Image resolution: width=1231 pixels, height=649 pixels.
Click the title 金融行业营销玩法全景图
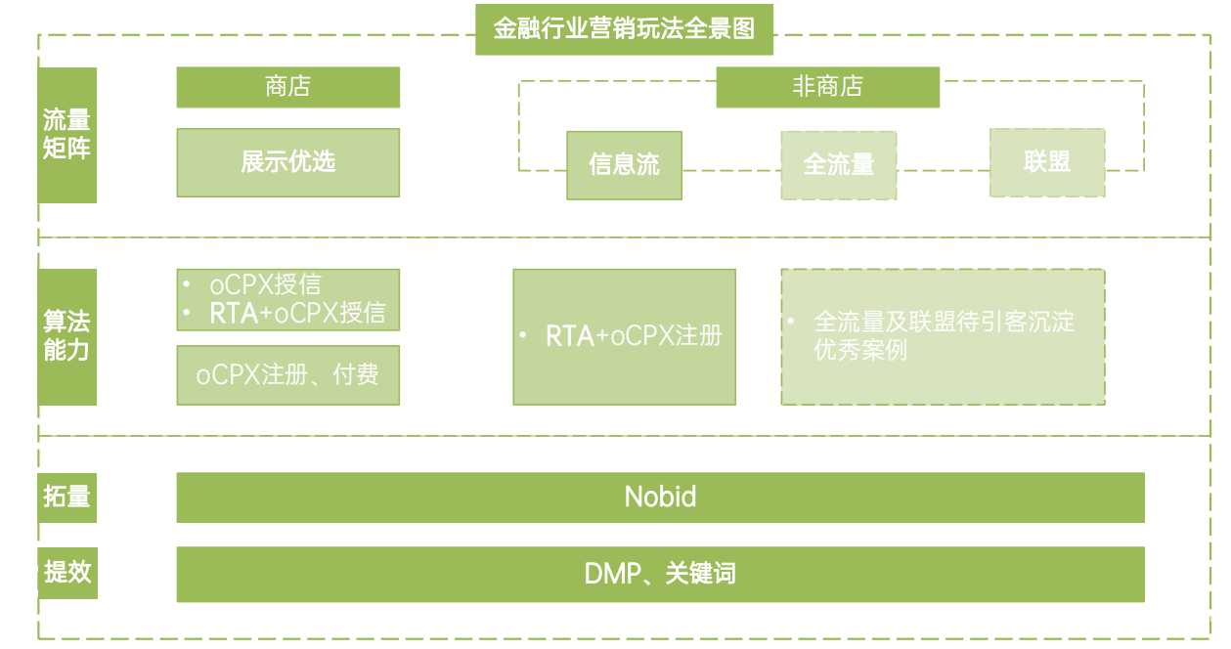[624, 29]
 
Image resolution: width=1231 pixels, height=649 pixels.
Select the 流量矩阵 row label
[66, 135]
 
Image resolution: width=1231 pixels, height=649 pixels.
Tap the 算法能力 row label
[66, 336]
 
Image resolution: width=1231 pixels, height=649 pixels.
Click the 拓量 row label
[66, 497]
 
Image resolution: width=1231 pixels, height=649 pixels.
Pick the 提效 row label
[66, 572]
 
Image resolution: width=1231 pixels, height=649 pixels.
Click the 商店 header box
[287, 87]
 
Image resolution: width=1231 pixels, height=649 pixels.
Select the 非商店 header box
[827, 87]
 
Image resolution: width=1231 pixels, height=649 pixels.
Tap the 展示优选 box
[287, 162]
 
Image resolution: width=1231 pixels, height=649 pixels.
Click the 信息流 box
[624, 164]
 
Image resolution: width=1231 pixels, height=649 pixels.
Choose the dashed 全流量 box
[838, 165]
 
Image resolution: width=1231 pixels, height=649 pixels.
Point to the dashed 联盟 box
[1047, 162]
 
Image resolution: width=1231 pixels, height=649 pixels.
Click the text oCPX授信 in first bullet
[265, 284]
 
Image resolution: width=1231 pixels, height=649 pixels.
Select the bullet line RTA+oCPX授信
[297, 314]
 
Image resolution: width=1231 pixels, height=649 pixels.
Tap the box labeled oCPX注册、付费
[287, 374]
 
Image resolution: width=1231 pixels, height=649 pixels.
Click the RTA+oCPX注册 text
[634, 336]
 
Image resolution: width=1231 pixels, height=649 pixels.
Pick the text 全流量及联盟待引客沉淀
[944, 322]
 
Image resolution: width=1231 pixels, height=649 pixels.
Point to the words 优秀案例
[860, 350]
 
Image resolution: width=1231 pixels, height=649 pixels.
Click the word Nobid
[660, 497]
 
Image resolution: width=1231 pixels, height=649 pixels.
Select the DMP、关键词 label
[660, 574]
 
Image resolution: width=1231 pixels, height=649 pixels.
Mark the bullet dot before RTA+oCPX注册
[523, 336]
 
